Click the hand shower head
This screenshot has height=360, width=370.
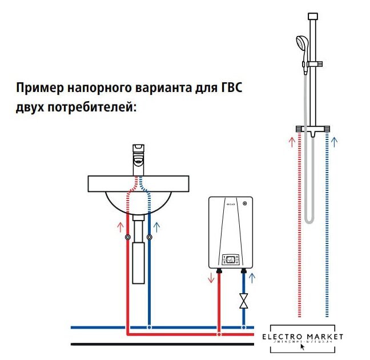301,43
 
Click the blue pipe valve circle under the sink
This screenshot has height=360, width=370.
149,238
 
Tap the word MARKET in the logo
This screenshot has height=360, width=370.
325,337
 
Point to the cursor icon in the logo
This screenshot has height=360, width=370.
303,346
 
